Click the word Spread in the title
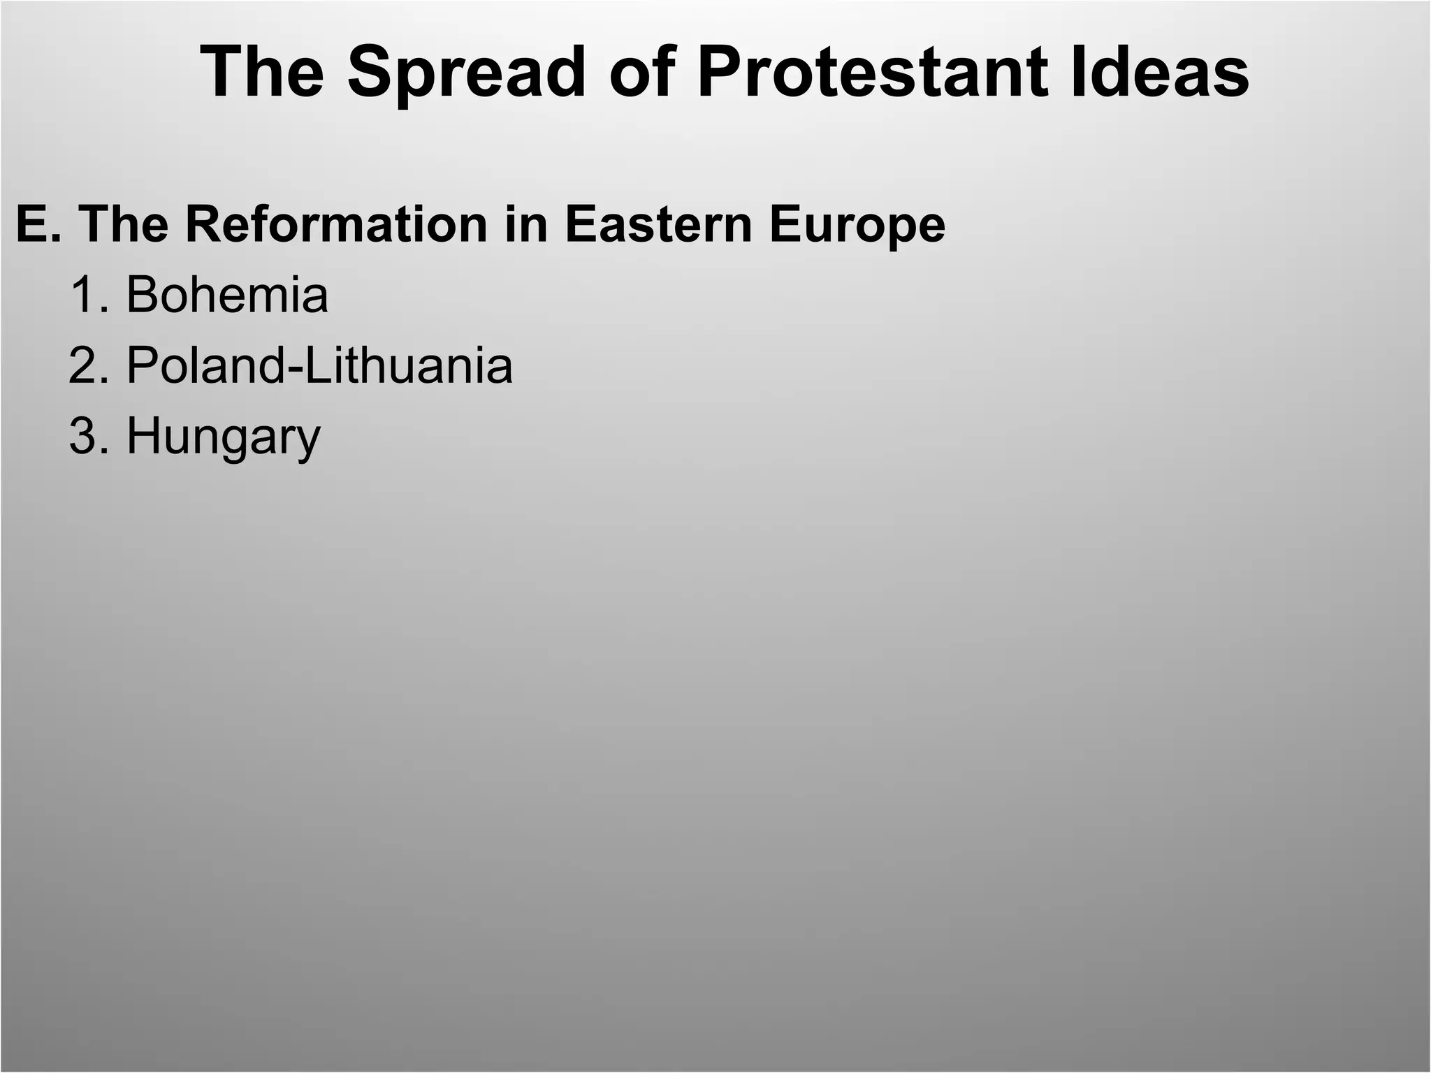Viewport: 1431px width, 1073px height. pyautogui.click(x=466, y=73)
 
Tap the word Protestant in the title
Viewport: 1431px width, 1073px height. pyautogui.click(x=873, y=73)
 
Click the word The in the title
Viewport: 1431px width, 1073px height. pyautogui.click(x=261, y=73)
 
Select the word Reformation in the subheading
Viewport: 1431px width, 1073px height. pyautogui.click(x=335, y=224)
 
